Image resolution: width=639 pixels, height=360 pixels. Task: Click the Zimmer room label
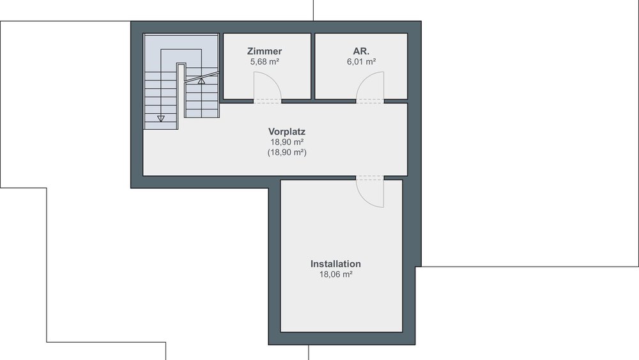point(265,51)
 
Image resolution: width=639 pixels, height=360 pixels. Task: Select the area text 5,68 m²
point(265,61)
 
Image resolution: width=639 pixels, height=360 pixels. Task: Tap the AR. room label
point(361,51)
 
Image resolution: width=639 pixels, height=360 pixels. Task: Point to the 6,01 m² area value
point(361,61)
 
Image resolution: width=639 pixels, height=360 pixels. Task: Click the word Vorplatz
point(287,131)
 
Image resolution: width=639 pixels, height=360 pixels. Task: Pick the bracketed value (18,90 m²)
point(287,152)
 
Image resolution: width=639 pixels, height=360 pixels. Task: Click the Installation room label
point(336,264)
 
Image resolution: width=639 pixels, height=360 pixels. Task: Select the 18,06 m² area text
point(336,274)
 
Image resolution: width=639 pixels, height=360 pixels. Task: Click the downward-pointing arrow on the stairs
point(161,118)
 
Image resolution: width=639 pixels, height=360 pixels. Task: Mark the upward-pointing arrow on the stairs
point(201,81)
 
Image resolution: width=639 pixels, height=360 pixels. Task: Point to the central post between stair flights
point(181,96)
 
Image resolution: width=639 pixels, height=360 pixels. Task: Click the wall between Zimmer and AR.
point(313,66)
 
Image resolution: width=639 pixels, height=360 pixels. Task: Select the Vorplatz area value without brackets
point(287,142)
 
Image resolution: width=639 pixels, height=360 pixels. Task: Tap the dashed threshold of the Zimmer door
point(268,101)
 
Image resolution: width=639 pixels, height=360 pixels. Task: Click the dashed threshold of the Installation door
point(370,178)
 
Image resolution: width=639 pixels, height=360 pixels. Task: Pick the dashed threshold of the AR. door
point(370,101)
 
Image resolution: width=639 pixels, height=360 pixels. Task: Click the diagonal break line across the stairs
point(201,77)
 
